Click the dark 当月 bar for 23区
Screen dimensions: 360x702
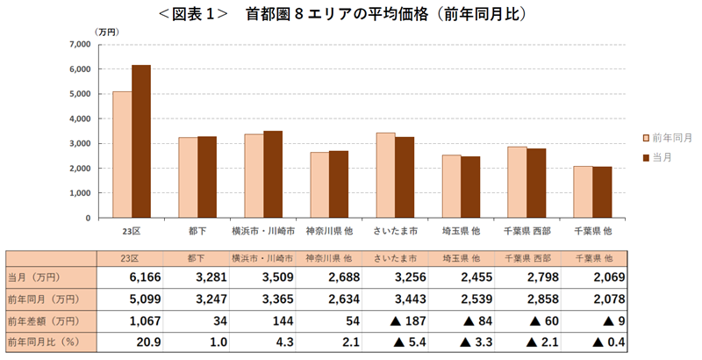pos(141,141)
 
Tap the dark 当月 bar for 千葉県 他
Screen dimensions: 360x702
pos(602,191)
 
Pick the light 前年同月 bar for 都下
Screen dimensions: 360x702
pos(188,176)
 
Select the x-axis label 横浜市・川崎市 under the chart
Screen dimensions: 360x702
pos(263,230)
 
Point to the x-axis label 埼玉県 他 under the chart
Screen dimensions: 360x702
pos(461,230)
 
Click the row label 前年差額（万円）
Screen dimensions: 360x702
pos(45,320)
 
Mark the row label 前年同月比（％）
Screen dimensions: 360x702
pos(45,341)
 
